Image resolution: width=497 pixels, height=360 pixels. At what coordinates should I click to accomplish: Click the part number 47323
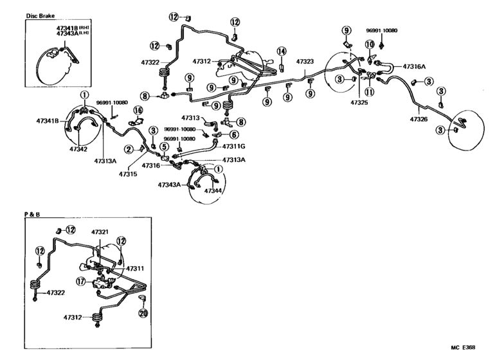(x=305, y=62)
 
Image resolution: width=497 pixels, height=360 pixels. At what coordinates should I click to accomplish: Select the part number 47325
(x=360, y=102)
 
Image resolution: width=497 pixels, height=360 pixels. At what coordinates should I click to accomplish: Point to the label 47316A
(x=415, y=66)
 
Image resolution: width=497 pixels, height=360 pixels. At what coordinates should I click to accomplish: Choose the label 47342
(x=78, y=148)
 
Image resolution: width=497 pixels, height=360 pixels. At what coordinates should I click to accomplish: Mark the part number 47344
(x=212, y=191)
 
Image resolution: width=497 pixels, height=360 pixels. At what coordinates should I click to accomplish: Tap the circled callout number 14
(x=281, y=51)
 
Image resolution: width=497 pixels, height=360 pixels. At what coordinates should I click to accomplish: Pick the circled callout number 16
(x=137, y=111)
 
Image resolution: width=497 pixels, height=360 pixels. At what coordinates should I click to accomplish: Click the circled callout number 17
(x=80, y=280)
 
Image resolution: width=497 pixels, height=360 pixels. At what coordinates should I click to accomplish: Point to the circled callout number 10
(x=370, y=44)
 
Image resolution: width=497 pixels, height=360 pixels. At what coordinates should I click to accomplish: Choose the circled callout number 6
(x=234, y=134)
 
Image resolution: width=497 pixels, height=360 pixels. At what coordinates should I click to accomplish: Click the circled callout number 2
(x=129, y=150)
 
